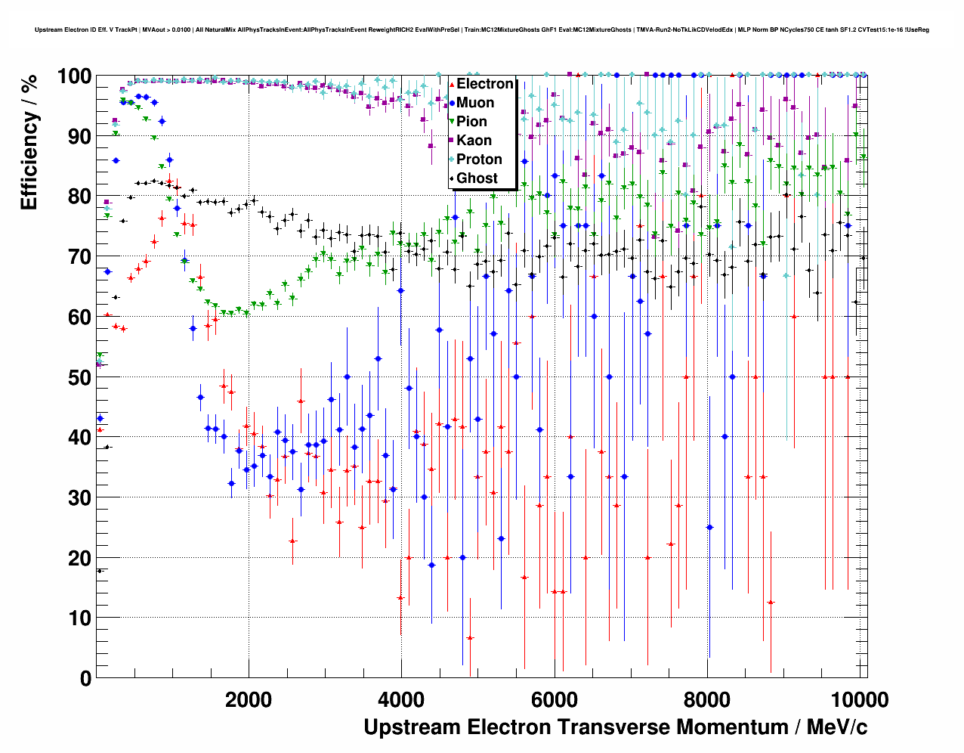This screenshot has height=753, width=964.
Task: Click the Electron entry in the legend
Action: [x=484, y=84]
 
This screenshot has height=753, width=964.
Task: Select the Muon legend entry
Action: [x=474, y=103]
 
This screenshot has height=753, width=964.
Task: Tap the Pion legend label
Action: [x=471, y=122]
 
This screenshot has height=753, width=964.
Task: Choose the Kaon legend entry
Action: [x=474, y=141]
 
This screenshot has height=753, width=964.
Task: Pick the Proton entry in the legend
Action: [x=479, y=160]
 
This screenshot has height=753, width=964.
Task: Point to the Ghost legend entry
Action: [x=477, y=178]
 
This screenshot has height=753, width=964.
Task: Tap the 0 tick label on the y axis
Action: [x=85, y=678]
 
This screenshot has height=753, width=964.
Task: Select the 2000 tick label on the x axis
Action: [x=249, y=699]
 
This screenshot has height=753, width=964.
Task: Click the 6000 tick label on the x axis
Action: [x=554, y=699]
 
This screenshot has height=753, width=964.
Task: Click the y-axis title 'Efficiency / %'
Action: [x=29, y=142]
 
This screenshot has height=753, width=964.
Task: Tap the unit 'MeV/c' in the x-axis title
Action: [x=836, y=727]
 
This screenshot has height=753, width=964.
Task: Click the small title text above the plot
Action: [x=482, y=30]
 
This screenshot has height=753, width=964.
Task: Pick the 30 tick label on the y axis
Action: [x=80, y=497]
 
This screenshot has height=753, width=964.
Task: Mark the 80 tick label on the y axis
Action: [x=80, y=197]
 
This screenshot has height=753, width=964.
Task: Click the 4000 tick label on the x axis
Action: [x=401, y=699]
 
